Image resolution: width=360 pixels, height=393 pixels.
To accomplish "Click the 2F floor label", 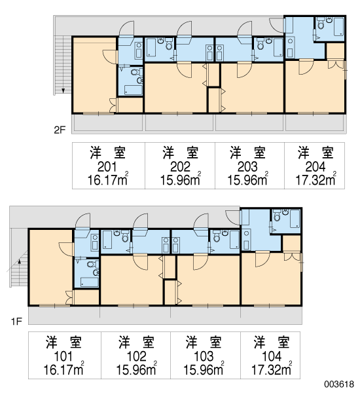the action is point(60,130).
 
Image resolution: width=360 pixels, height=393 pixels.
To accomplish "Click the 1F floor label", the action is point(16,321).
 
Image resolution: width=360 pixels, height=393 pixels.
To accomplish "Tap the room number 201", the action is point(107,166).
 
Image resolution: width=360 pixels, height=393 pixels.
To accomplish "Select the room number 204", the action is point(315,166).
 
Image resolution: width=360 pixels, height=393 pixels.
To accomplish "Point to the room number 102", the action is point(137,356).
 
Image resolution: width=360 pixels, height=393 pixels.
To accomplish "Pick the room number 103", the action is point(204,356).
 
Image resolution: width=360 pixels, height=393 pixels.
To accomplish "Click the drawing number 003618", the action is point(339,384).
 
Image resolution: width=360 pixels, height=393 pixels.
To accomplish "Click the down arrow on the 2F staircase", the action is point(63,90).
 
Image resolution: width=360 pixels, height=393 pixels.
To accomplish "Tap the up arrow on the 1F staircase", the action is point(19,261).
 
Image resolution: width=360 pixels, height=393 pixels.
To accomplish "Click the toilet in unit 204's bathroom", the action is point(321,24).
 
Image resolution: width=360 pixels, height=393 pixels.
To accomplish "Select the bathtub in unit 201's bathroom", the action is point(134,90).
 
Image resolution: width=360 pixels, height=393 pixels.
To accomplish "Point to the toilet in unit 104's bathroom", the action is point(277,215).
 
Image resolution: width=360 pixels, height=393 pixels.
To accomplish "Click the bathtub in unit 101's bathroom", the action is point(90,282).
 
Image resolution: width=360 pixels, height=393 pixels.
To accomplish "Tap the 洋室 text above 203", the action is point(247,153).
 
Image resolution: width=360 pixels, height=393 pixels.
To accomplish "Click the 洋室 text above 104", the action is point(272,342).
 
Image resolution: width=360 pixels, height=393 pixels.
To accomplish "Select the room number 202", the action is point(181,166).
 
